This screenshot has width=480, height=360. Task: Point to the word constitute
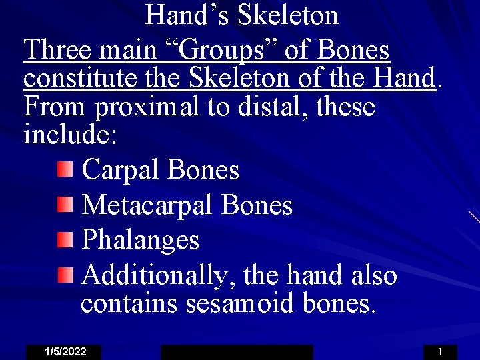click(81, 79)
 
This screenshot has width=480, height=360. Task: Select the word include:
click(70, 135)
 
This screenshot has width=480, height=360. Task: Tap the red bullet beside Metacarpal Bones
click(64, 204)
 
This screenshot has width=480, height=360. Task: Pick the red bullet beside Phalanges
click(64, 239)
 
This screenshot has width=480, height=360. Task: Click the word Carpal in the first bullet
click(121, 170)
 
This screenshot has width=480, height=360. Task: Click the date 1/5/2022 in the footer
click(65, 352)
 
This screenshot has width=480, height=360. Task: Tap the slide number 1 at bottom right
click(440, 352)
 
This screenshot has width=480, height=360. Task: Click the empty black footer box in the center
click(237, 352)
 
